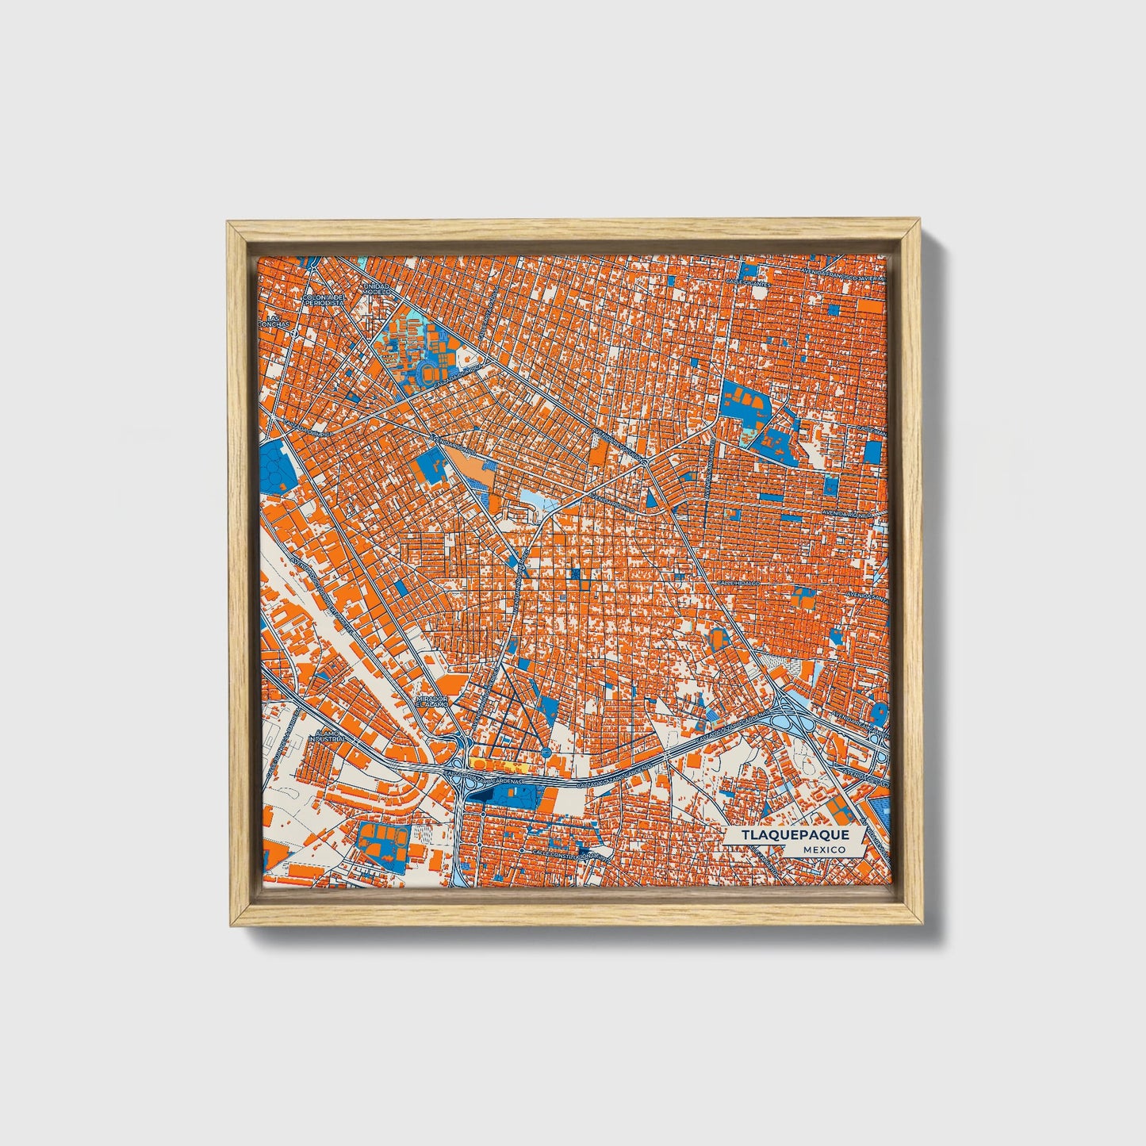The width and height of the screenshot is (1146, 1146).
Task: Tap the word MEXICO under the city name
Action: click(823, 849)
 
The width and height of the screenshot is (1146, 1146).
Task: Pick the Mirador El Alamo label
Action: click(433, 701)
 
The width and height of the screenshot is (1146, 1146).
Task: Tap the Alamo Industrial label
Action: click(326, 736)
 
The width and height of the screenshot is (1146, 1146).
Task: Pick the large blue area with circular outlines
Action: click(277, 467)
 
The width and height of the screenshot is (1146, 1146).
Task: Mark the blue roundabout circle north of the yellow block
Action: click(546, 751)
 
